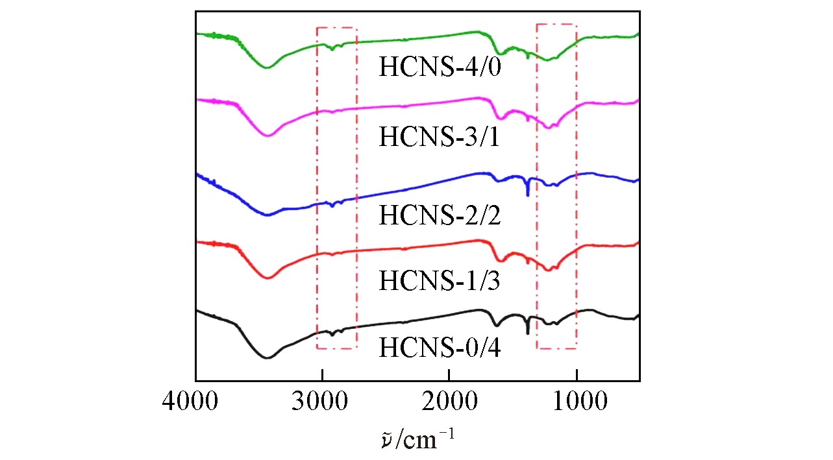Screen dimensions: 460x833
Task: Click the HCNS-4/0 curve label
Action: tap(440, 67)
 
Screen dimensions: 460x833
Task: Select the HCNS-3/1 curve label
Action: tap(440, 138)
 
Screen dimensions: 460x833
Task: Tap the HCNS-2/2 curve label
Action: tap(440, 215)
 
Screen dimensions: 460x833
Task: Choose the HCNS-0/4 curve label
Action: tap(440, 348)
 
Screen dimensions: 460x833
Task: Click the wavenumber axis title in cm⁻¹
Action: tap(417, 439)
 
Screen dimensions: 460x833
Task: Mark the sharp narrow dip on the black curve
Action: tap(528, 333)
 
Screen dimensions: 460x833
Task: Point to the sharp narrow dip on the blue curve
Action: tap(528, 195)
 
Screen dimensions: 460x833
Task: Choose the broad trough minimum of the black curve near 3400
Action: tap(266, 357)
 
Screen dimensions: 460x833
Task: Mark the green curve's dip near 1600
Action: tap(499, 54)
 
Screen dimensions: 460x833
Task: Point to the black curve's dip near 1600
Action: tap(497, 325)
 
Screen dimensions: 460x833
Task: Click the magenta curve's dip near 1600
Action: tap(499, 118)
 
